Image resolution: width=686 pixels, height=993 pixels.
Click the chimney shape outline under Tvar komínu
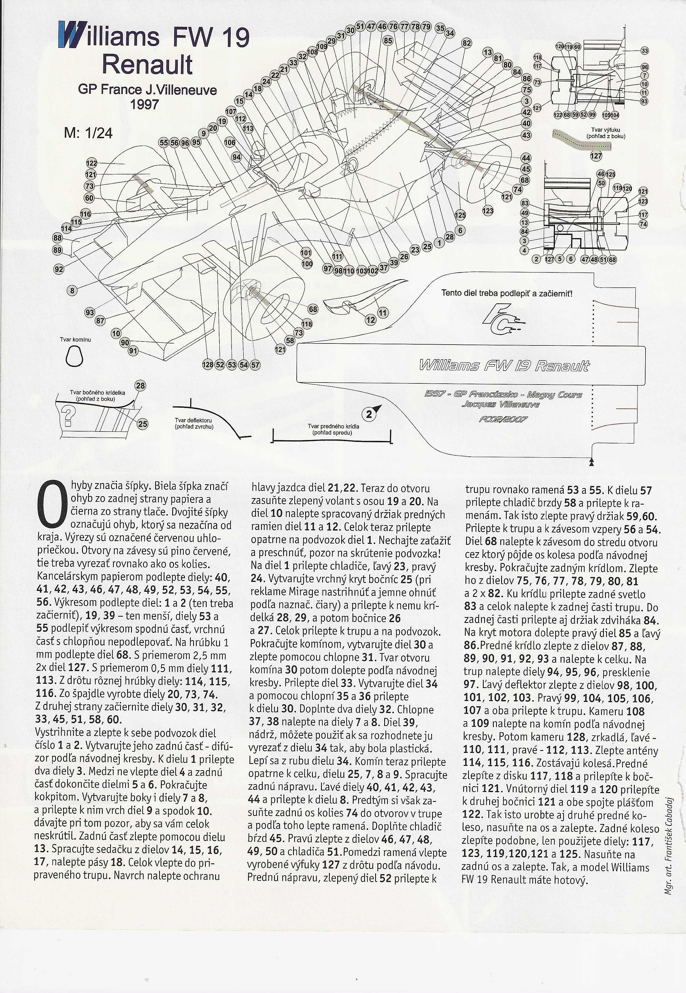coord(74,356)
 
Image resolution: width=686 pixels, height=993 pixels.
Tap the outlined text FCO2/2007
coord(503,419)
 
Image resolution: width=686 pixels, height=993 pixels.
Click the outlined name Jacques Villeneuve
coord(501,404)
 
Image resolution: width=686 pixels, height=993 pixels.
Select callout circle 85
coord(388,41)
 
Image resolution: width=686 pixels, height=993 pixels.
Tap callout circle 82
coord(466,43)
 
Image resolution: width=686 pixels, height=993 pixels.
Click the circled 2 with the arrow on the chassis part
coord(369,415)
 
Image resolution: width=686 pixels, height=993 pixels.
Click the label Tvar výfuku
coord(606,133)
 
